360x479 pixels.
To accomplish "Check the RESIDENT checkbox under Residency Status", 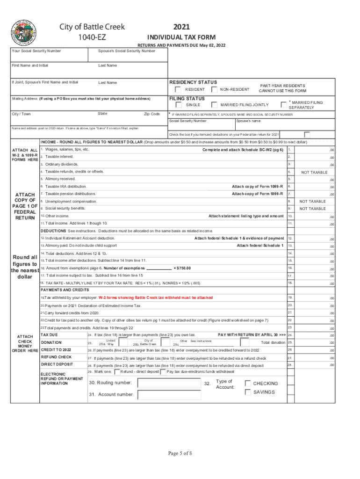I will [178, 89].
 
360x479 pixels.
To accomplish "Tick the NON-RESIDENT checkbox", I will [214, 89].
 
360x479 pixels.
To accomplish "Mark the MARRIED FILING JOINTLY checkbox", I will [214, 105].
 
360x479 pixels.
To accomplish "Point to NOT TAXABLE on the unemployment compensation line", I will [313, 201].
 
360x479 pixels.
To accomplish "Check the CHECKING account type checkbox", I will [248, 383].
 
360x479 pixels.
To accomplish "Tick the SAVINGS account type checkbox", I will [248, 392].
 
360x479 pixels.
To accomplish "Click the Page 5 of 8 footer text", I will [180, 453].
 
